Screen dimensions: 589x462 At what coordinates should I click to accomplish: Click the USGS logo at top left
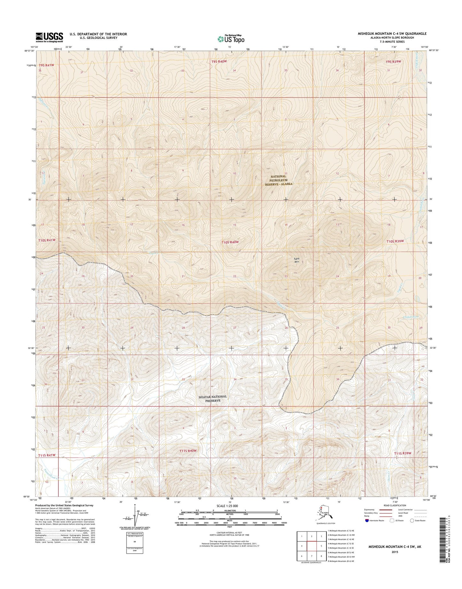(x=49, y=37)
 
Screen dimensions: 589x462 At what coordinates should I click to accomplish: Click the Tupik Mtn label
(x=296, y=260)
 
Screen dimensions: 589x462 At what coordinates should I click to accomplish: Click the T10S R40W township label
(x=230, y=242)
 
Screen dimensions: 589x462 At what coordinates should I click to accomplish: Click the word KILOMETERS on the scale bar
(x=230, y=511)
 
